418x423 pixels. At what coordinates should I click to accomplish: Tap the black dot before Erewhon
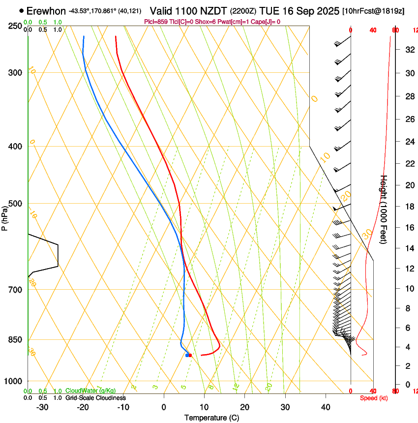(21, 10)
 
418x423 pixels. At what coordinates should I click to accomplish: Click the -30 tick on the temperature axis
(42, 407)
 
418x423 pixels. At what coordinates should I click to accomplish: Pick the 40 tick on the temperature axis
(326, 407)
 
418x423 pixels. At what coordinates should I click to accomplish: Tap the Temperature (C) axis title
(211, 418)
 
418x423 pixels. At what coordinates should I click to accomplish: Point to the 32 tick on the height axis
(409, 49)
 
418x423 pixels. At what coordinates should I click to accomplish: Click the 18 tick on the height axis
(409, 206)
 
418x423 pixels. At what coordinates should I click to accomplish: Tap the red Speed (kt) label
(374, 398)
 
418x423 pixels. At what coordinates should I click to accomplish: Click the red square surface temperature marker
(190, 355)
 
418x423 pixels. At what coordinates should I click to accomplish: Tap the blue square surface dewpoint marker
(187, 355)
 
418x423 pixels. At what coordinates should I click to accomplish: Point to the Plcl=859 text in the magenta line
(158, 22)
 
